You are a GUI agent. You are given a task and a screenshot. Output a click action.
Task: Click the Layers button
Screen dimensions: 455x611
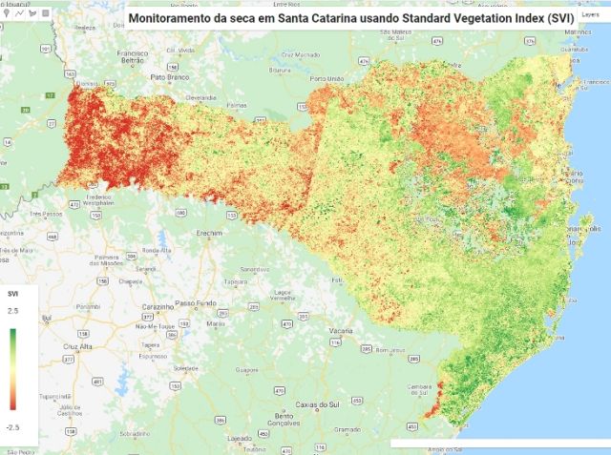591,16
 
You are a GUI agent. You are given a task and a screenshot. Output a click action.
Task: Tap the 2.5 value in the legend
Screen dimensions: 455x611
13,311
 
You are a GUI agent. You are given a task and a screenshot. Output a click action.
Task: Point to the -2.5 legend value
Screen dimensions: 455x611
12,427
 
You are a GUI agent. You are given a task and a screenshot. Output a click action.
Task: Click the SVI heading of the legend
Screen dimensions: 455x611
13,294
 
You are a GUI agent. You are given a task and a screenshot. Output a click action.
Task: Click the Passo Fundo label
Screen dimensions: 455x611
198,302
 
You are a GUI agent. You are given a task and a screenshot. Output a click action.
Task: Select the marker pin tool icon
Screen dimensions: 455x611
8,14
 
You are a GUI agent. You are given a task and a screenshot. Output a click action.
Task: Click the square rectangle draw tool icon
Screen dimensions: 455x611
45,14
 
